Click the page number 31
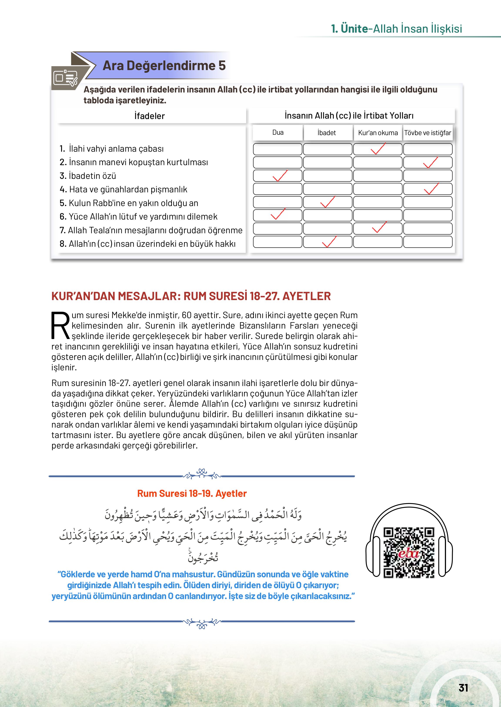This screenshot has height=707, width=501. click(463, 688)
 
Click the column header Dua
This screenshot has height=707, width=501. click(278, 133)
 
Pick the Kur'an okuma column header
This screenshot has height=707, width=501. click(378, 133)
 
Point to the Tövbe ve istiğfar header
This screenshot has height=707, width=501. click(428, 133)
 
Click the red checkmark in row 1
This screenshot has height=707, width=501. click(378, 148)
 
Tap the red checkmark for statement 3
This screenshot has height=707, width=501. click(280, 176)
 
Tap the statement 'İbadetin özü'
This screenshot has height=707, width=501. click(92, 176)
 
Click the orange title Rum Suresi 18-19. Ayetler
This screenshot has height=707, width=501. click(192, 493)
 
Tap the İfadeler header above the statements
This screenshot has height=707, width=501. click(149, 116)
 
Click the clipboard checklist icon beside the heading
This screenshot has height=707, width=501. click(65, 78)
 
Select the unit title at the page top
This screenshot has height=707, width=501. click(396, 29)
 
